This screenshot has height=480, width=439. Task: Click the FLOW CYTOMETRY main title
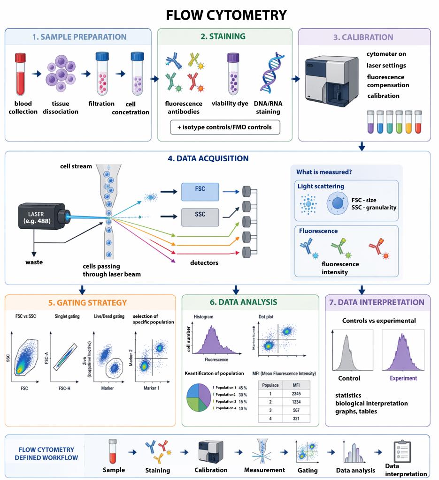tap(219, 15)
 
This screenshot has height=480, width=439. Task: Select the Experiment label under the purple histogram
tap(403, 378)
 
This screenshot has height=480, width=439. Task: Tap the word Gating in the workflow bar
tap(308, 470)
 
